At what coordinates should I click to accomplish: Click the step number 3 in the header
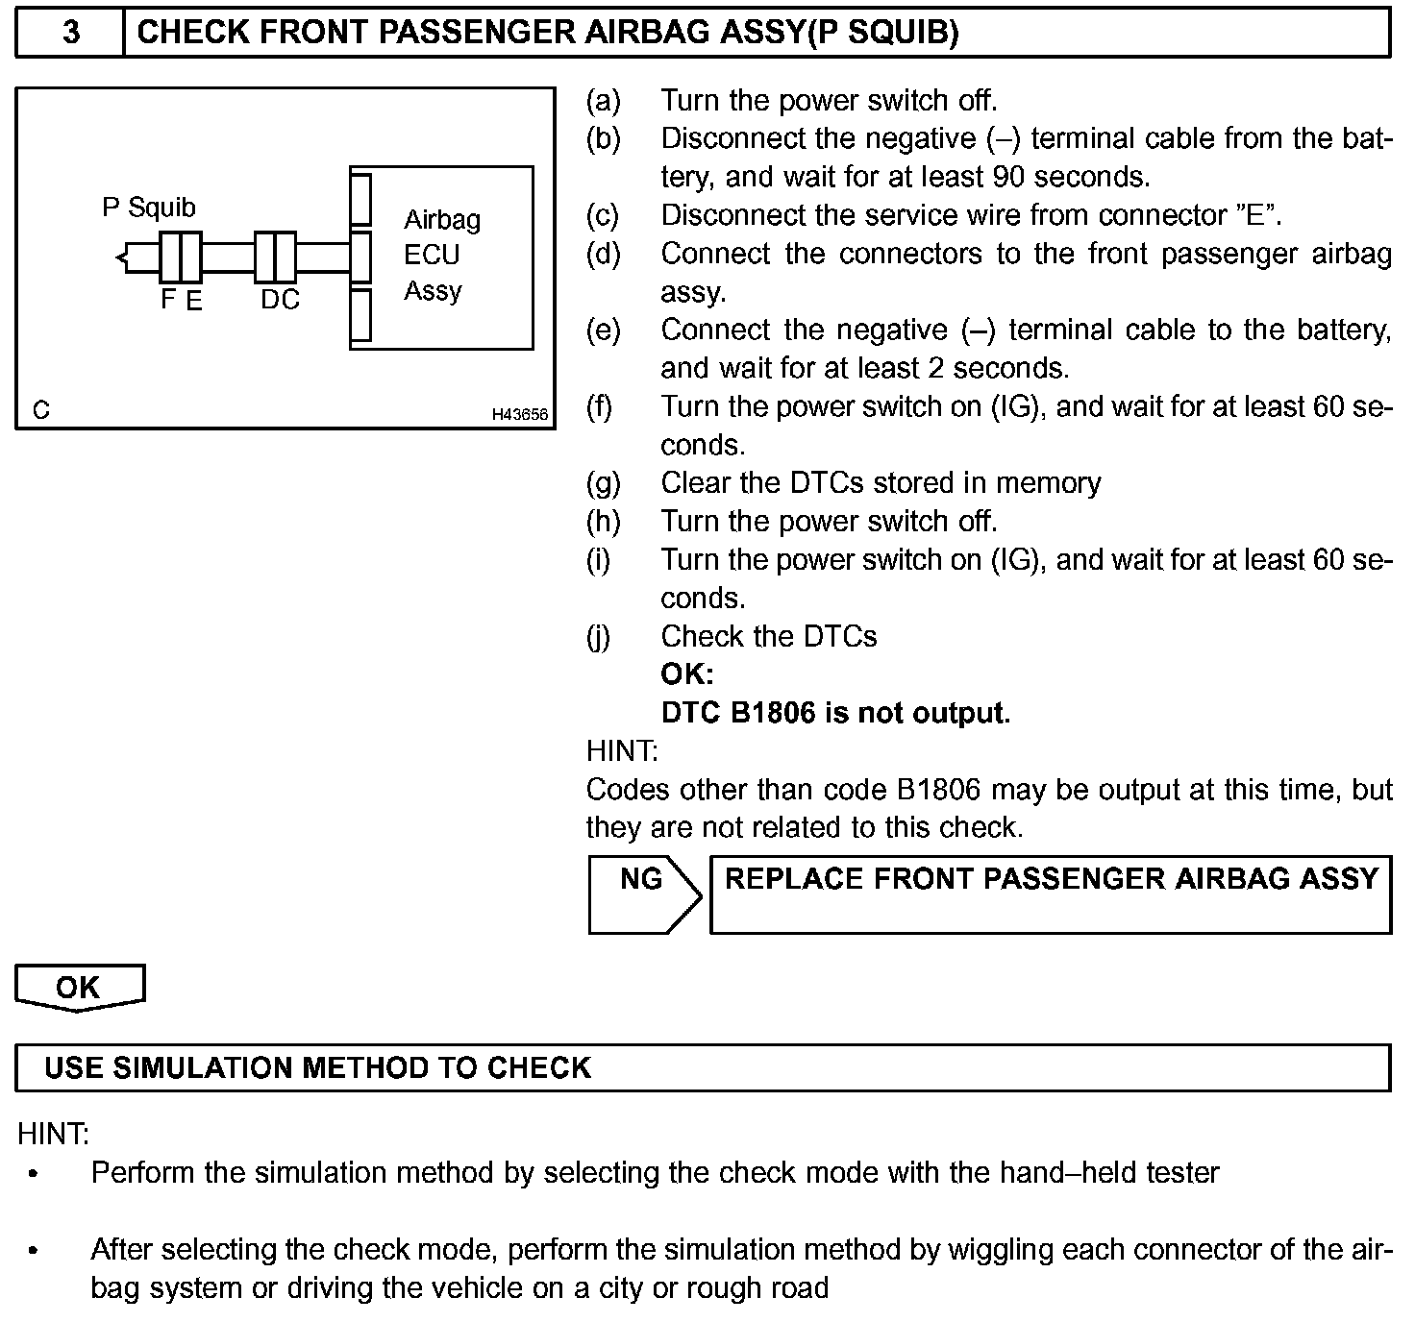[70, 33]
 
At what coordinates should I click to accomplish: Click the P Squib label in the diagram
[149, 208]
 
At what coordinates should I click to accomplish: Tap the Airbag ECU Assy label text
[441, 255]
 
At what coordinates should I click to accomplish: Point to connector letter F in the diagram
[168, 300]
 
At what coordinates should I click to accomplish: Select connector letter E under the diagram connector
[194, 301]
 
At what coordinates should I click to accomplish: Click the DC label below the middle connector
[280, 300]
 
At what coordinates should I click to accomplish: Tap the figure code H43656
[519, 414]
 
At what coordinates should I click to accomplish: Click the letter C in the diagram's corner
[40, 410]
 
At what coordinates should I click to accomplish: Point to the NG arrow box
[643, 894]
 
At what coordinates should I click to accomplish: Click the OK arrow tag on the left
[79, 988]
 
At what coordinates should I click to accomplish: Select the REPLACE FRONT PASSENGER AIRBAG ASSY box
[1051, 894]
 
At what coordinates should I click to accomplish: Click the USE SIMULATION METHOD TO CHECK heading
[317, 1067]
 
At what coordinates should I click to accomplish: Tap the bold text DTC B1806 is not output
[835, 713]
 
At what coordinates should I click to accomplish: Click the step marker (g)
[603, 482]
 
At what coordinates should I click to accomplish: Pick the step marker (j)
[598, 636]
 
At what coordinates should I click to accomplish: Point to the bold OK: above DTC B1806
[686, 674]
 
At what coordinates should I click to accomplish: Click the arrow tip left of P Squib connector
[118, 257]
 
